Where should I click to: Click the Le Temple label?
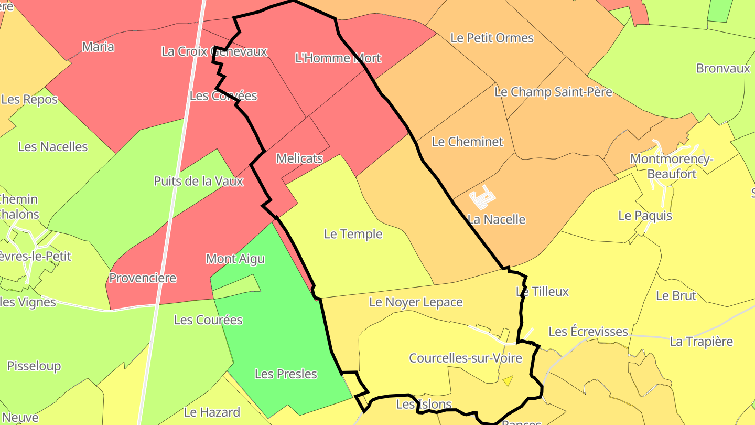pos(353,234)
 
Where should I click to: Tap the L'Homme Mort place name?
pos(338,58)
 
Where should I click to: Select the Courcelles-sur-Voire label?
pos(465,358)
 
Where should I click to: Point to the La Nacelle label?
pos(497,219)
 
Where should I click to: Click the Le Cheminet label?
pos(467,142)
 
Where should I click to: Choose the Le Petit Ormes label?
pos(492,38)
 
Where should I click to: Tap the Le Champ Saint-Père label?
pos(553,92)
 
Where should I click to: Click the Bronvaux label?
pos(723,68)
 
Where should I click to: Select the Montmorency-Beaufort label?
pos(671,166)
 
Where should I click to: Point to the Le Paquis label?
pos(645,216)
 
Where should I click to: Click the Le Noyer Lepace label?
pos(416,302)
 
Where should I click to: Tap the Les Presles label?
pos(286,374)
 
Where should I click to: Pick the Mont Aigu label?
pos(235,259)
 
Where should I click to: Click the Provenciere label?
pos(143,278)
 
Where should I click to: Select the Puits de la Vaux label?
pos(198,182)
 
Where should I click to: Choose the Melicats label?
pos(299,158)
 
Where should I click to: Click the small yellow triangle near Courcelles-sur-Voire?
pos(507,381)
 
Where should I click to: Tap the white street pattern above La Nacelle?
pos(482,197)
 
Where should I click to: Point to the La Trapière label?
pos(701,342)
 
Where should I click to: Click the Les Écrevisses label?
pos(588,332)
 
